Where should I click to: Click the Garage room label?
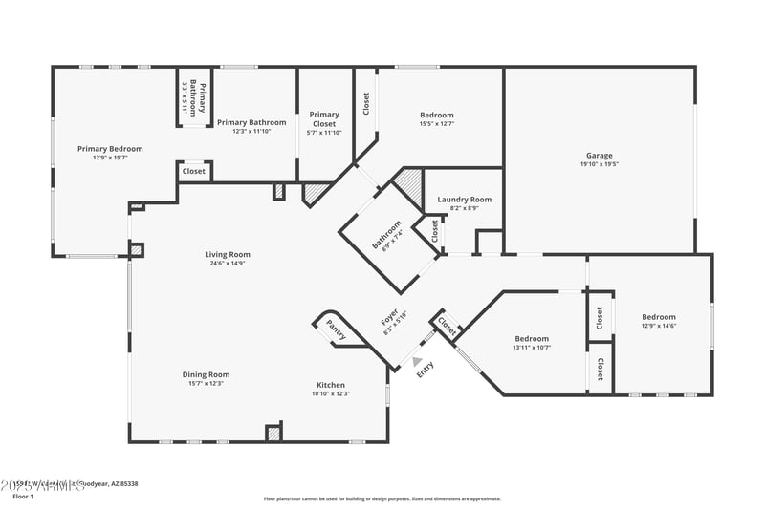(600, 156)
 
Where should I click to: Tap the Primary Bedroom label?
(110, 149)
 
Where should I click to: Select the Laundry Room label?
(464, 200)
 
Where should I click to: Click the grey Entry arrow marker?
(415, 360)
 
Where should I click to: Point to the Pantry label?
(336, 329)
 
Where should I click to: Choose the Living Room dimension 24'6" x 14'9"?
(227, 264)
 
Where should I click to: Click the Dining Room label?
(206, 374)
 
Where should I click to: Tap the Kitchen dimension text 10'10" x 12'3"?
(331, 393)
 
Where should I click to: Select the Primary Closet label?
(324, 119)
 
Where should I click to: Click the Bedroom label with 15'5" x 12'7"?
(436, 115)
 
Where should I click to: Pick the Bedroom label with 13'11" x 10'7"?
(532, 339)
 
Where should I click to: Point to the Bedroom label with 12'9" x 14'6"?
(658, 317)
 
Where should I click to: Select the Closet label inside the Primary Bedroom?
(193, 172)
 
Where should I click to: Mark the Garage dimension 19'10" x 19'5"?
(600, 164)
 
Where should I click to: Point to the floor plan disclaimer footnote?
(382, 498)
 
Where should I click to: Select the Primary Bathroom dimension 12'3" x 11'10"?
(251, 131)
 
